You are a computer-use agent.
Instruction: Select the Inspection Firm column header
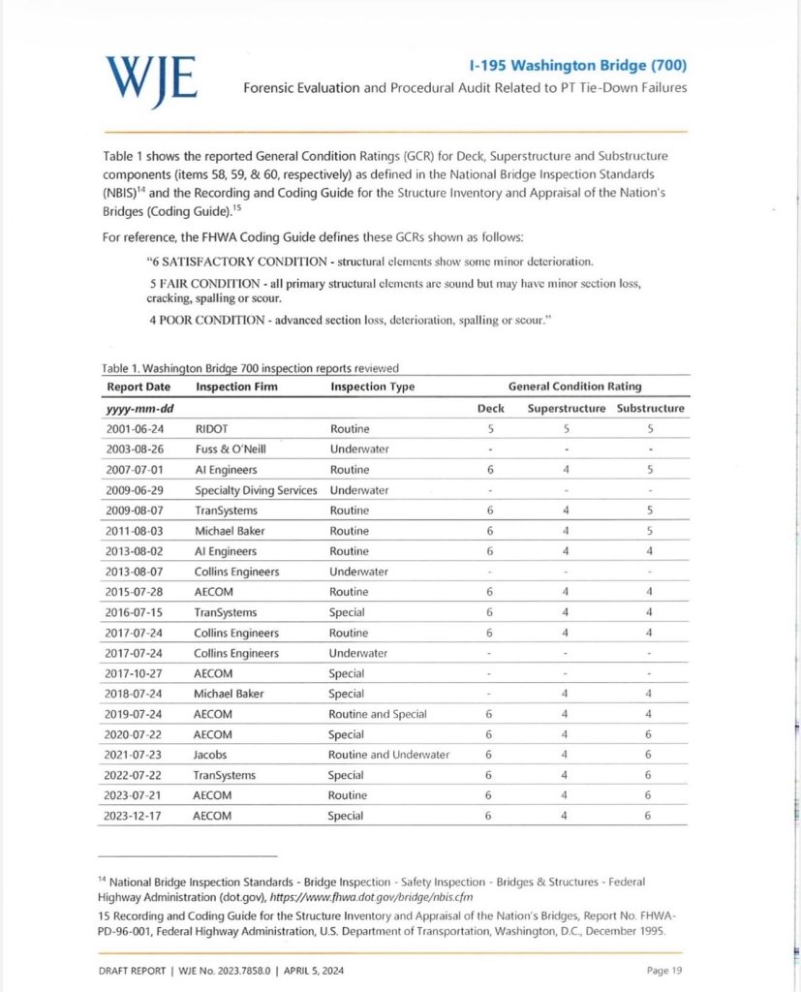tap(236, 387)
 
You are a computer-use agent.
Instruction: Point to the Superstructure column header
tap(567, 408)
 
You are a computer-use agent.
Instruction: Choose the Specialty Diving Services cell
tap(256, 490)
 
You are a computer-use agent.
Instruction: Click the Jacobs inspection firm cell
tap(214, 755)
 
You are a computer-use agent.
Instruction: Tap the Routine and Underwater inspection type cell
tap(388, 755)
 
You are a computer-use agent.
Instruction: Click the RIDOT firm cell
tap(214, 428)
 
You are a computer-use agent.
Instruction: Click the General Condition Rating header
tap(575, 387)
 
